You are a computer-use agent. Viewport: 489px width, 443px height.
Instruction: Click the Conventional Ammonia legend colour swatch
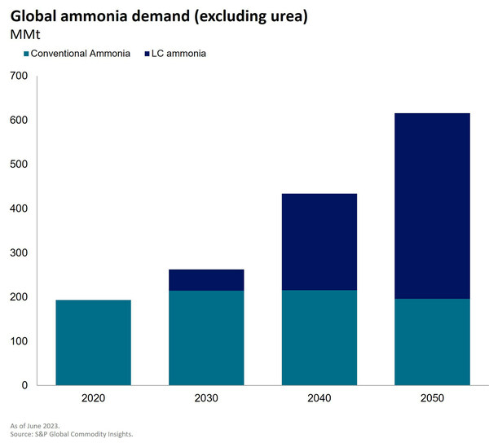(25, 54)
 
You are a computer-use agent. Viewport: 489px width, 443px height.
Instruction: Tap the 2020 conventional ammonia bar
(93, 342)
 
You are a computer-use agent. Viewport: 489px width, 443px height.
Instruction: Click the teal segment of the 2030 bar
(206, 337)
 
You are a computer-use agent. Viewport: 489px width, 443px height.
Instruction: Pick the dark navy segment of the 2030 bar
(206, 279)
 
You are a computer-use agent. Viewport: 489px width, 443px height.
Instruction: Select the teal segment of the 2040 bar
(319, 337)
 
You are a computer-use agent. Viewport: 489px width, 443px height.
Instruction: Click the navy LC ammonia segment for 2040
(319, 241)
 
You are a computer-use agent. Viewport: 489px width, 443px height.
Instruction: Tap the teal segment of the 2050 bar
(432, 341)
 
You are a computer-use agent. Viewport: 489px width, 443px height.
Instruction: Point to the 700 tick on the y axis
(19, 76)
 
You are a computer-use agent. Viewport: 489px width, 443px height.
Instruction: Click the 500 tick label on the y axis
(19, 164)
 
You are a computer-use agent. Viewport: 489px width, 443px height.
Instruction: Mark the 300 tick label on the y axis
(19, 252)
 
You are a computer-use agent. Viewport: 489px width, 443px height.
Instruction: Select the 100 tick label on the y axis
(19, 341)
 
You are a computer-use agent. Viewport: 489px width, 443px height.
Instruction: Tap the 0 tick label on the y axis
(25, 385)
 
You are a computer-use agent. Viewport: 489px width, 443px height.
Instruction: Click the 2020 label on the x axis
(93, 399)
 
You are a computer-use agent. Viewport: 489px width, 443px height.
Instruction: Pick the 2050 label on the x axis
(432, 399)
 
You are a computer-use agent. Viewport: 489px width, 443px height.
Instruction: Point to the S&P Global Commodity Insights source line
(72, 434)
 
